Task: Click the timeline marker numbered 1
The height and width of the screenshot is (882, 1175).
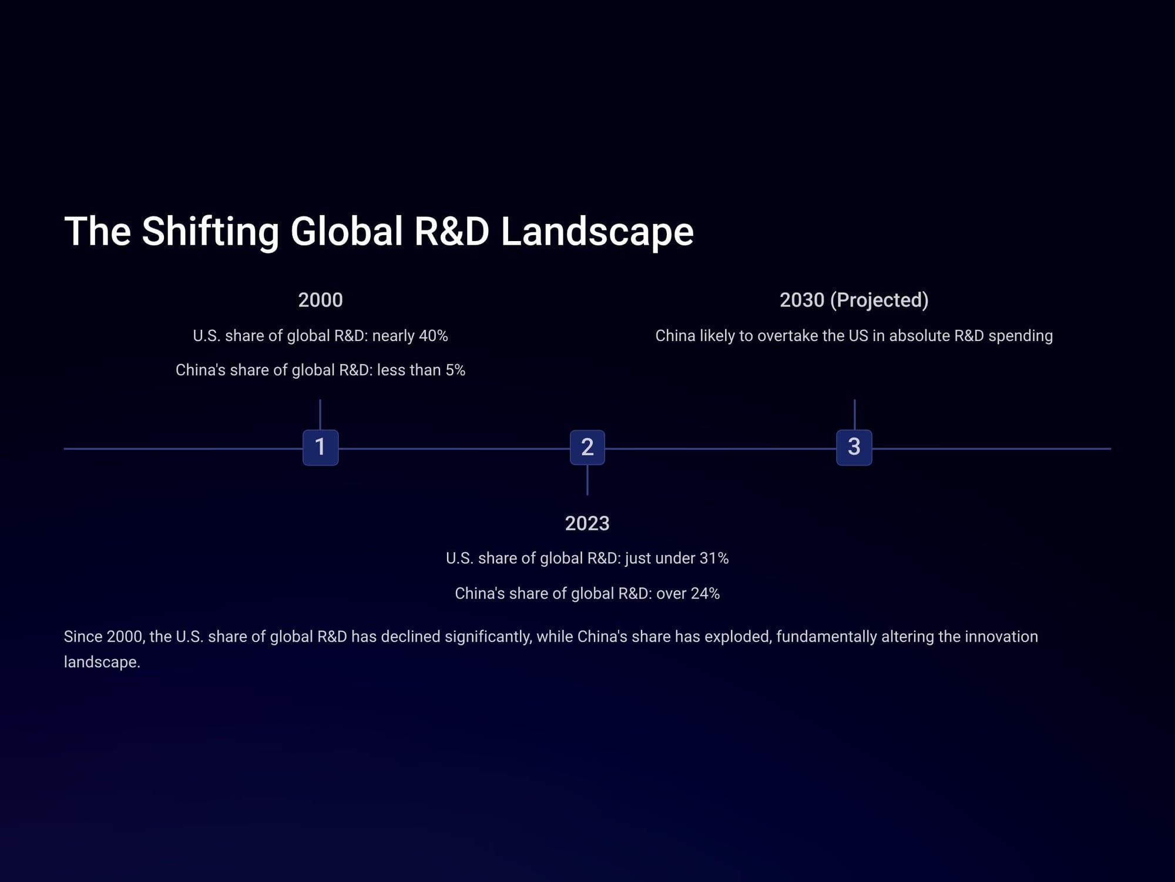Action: click(x=320, y=447)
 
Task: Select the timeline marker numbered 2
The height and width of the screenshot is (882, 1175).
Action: click(x=587, y=447)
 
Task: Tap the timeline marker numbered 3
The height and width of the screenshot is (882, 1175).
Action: click(x=854, y=447)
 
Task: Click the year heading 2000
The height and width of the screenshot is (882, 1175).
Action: click(x=320, y=300)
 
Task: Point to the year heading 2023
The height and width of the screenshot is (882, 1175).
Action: click(x=587, y=523)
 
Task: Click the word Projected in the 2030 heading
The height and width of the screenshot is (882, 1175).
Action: click(x=879, y=300)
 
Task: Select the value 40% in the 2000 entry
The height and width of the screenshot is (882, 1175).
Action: click(x=434, y=336)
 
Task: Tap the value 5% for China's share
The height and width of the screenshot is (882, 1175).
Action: click(x=455, y=370)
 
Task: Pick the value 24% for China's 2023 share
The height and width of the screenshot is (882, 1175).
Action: click(x=705, y=593)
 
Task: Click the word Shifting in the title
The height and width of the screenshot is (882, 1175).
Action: click(x=210, y=232)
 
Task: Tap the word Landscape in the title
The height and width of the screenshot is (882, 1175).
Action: click(x=597, y=232)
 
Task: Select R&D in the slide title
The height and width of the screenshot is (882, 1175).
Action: click(x=452, y=231)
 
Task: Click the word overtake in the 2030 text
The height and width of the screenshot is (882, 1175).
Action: click(x=799, y=336)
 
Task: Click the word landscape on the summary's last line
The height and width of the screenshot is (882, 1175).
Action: click(x=102, y=662)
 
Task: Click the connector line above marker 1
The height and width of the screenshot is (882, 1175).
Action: click(x=320, y=415)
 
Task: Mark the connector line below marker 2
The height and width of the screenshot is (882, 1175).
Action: click(x=587, y=480)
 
